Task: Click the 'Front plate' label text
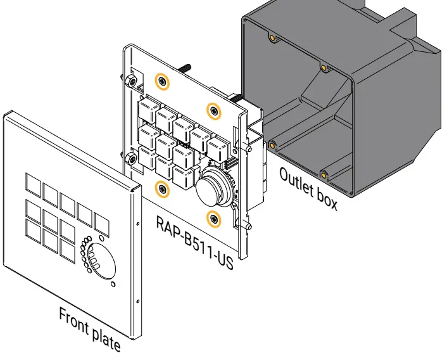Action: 89,328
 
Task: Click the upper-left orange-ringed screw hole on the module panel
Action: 163,82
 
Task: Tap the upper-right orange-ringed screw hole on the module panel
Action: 214,111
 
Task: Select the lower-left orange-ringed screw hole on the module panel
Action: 163,188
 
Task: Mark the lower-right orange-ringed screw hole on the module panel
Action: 214,219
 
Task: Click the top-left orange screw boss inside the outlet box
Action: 272,39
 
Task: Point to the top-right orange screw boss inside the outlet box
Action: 324,67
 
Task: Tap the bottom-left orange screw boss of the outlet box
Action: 272,145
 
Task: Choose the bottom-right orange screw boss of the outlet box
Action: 324,174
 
